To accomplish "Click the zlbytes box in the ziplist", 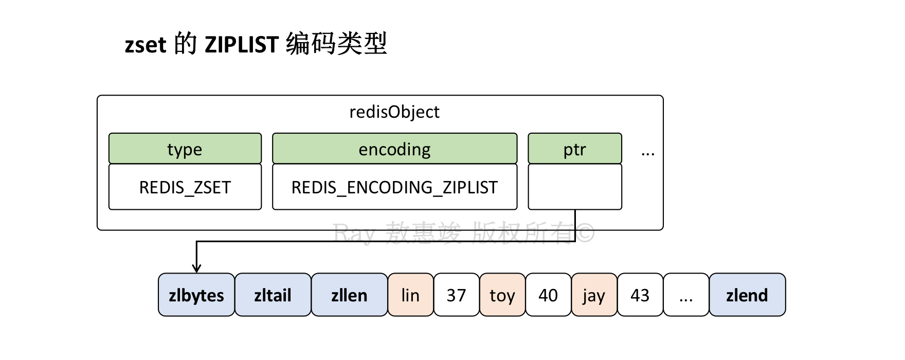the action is coord(196,295).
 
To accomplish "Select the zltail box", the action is coord(273,295).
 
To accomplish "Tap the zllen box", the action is coord(350,295).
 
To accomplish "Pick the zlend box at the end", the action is coord(747,295).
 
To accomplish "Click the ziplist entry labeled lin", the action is coord(411,295).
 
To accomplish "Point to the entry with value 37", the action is coord(457,295).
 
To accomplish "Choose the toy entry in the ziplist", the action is coord(502,295).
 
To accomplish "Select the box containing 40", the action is coord(548,295).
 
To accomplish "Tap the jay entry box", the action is coord(594,295).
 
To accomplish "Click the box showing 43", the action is coord(640,295).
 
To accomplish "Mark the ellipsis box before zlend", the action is coord(686,295).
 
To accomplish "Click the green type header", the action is coord(185,149).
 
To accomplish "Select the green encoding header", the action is coord(395,149).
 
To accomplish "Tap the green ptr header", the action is coord(575,149).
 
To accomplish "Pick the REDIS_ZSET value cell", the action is coord(185,187).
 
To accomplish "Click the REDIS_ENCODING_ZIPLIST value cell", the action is coord(395,187).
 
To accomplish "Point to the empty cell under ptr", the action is coord(575,187).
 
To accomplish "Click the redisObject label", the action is coord(394,112).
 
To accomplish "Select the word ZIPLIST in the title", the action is coord(242,45).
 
